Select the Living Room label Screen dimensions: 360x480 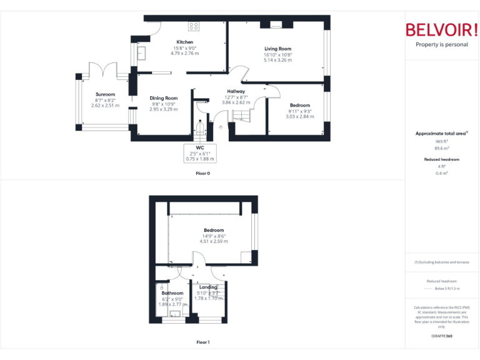click(277, 49)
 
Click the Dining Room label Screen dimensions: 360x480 click(164, 97)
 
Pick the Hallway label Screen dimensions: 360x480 click(236, 91)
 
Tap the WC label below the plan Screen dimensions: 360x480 click(200, 147)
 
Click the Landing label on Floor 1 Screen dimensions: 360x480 click(208, 287)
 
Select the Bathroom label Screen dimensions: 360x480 click(172, 292)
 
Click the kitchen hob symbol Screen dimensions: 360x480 click(194, 26)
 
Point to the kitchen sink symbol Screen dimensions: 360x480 click(141, 53)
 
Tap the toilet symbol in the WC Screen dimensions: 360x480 click(200, 129)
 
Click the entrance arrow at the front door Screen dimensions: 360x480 click(220, 127)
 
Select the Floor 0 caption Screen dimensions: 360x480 click(203, 172)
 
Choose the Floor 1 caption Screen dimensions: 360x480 click(203, 342)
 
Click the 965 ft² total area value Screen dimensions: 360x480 click(442, 141)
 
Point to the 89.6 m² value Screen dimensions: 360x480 click(442, 148)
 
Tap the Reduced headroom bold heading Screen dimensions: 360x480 click(442, 159)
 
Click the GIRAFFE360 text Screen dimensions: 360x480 click(442, 336)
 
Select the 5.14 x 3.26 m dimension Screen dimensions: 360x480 click(277, 60)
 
